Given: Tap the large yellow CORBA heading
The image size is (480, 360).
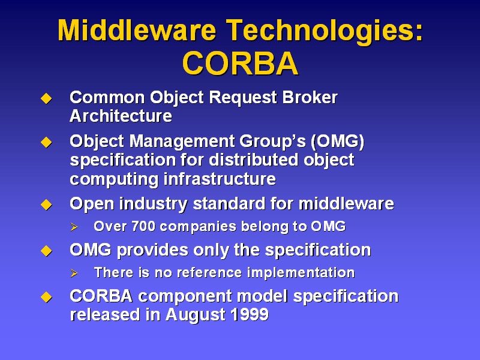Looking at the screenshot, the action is point(241,64).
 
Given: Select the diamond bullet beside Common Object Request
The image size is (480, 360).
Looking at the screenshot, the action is point(46,98).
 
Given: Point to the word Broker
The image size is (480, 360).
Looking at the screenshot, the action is point(310,98).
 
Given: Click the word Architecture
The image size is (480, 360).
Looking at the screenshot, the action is point(121,116).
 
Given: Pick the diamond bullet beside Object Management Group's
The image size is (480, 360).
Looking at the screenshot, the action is point(46,142).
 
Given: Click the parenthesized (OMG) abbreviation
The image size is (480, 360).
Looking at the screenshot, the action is point(338,142).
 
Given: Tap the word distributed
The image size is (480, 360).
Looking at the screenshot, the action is point(254,160).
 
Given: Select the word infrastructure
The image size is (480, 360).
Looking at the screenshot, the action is point(220,179).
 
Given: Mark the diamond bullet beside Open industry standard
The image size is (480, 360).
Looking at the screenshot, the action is point(46,205).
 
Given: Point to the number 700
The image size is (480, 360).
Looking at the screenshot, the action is point(143,227).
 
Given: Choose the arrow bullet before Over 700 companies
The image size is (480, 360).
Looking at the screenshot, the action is point(74,227).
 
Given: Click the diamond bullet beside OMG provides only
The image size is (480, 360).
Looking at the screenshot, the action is point(46,251).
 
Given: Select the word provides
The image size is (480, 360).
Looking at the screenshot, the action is point(152,250).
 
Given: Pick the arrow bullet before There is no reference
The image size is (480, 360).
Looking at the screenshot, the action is point(74,273).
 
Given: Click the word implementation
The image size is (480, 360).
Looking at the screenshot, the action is point(301,273).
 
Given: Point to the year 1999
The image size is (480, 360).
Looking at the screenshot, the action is point(250,314).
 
